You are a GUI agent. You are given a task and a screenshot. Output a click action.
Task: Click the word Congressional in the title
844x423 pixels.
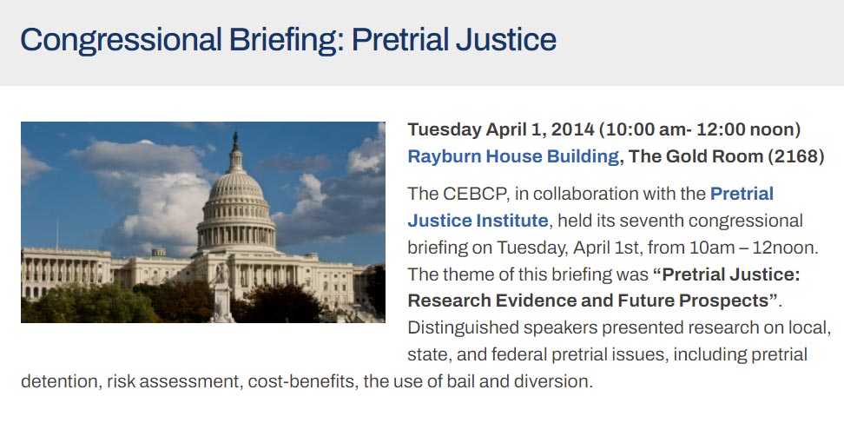pos(121,40)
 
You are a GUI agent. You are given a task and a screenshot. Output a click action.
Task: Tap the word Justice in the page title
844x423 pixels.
pos(506,40)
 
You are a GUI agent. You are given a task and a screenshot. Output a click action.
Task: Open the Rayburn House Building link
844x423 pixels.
pos(513,156)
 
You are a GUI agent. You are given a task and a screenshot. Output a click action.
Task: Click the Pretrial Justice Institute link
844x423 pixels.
pos(590,208)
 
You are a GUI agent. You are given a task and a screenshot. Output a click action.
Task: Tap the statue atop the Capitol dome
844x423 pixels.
pos(234,141)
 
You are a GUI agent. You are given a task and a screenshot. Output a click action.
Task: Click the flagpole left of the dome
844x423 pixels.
pos(57,233)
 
